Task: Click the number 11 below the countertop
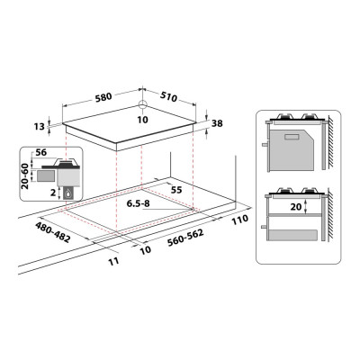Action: [x=112, y=260]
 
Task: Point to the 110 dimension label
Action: [x=239, y=219]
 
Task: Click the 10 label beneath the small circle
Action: [x=142, y=119]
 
